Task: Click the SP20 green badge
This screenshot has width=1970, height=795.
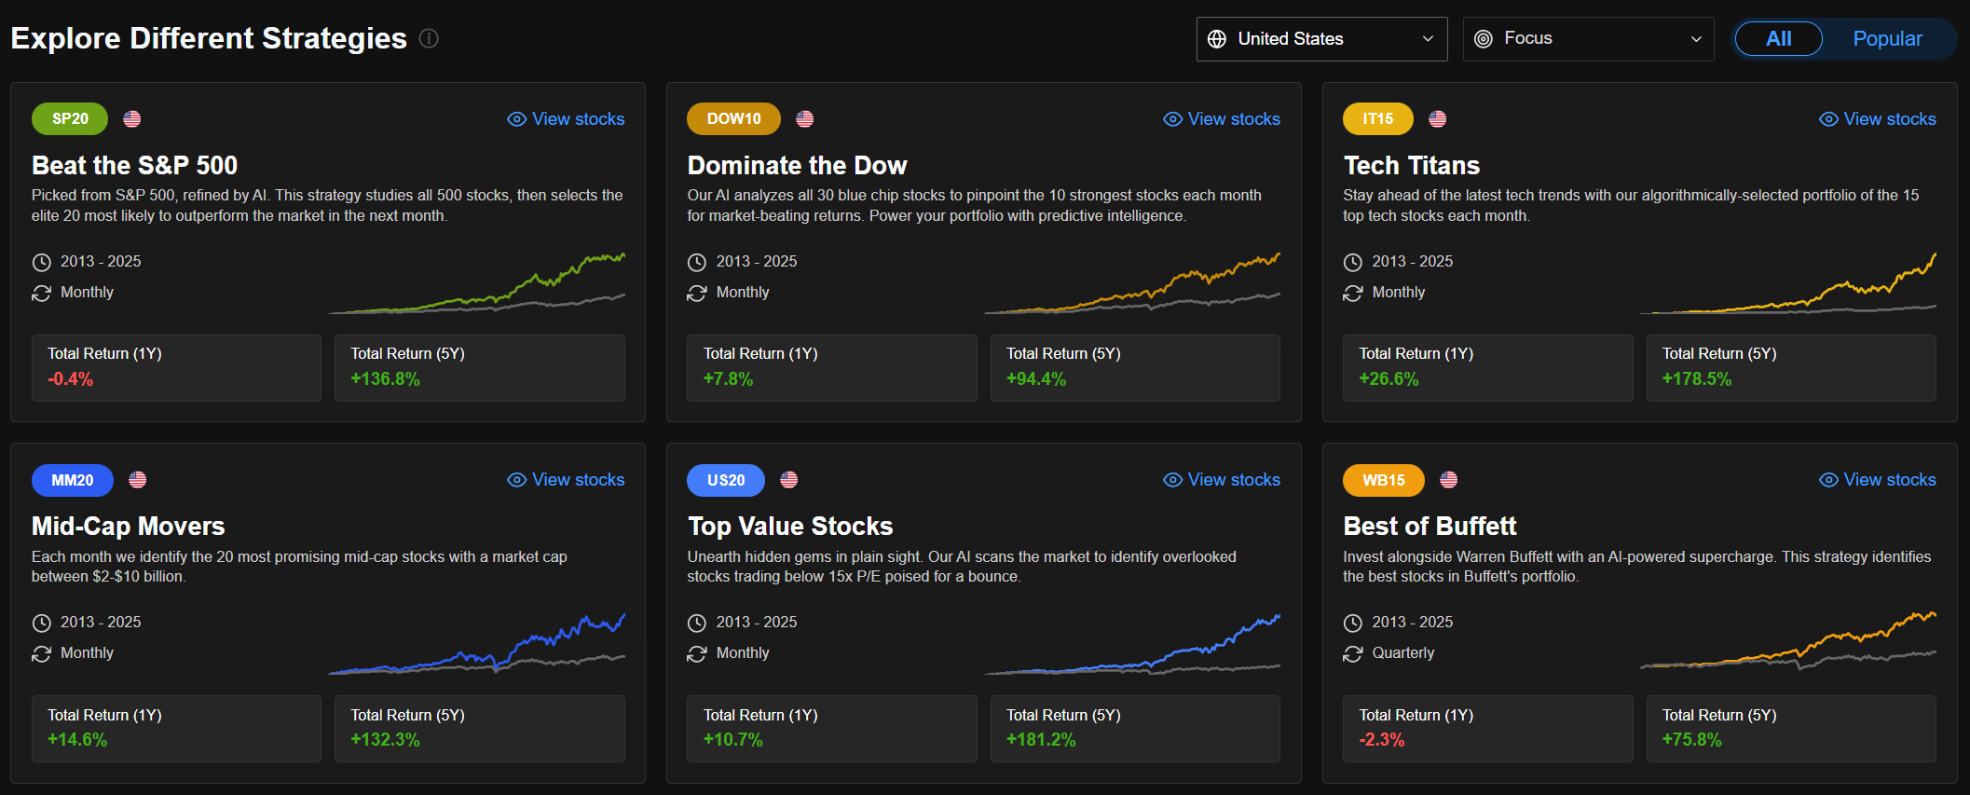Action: pyautogui.click(x=70, y=119)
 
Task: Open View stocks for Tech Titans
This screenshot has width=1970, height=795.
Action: pyautogui.click(x=1878, y=119)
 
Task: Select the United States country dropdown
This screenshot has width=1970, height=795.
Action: pyautogui.click(x=1320, y=39)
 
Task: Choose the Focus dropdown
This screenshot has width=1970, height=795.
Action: pyautogui.click(x=1587, y=39)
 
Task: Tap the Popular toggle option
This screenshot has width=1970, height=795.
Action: pyautogui.click(x=1887, y=39)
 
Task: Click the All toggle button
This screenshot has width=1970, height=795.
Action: pyautogui.click(x=1778, y=39)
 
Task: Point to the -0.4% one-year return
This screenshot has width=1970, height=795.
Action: pyautogui.click(x=71, y=379)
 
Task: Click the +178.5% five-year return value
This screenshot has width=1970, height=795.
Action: pyautogui.click(x=1697, y=379)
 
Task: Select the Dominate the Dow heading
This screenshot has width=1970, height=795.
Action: pyautogui.click(x=797, y=166)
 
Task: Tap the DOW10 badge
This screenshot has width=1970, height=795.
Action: pyautogui.click(x=733, y=119)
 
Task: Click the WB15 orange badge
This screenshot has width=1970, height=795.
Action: pyautogui.click(x=1383, y=481)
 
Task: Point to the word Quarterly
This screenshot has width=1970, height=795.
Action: pyautogui.click(x=1402, y=653)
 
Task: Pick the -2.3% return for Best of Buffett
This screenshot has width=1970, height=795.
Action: pyautogui.click(x=1382, y=740)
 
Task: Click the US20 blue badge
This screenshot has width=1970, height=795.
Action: pyautogui.click(x=725, y=481)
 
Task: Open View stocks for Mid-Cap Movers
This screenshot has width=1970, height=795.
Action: pyautogui.click(x=566, y=480)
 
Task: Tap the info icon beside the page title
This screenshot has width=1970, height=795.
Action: pyautogui.click(x=429, y=38)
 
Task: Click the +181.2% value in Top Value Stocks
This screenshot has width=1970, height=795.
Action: pyautogui.click(x=1041, y=740)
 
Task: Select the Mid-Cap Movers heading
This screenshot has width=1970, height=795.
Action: pyautogui.click(x=129, y=527)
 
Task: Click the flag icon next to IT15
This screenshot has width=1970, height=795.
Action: pyautogui.click(x=1438, y=119)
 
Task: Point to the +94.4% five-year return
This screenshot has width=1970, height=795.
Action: pyautogui.click(x=1036, y=379)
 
